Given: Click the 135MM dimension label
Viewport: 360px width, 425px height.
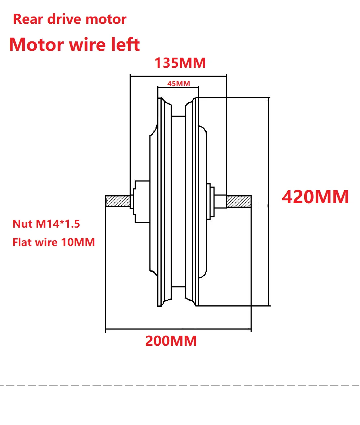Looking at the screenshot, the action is coord(180,63).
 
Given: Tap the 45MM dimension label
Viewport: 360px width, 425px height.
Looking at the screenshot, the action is coord(179,84).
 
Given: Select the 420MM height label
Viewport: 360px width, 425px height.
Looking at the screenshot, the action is coord(315,197).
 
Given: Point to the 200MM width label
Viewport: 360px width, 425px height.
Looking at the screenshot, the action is coord(171,341).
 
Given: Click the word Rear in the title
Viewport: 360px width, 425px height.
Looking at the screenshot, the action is coord(26,19).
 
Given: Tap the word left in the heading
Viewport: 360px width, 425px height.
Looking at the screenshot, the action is coord(126,45).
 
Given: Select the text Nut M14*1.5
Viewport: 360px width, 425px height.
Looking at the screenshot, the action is coord(46,224).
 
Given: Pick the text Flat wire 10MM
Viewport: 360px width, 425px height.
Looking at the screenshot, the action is coord(54,242).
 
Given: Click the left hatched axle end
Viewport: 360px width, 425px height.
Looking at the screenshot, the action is coord(117,201).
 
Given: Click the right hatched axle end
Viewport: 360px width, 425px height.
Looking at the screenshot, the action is coord(238,201).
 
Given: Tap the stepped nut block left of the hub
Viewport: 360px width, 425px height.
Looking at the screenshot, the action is coord(141,201).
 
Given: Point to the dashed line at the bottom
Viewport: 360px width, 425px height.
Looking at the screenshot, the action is coord(180,385).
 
